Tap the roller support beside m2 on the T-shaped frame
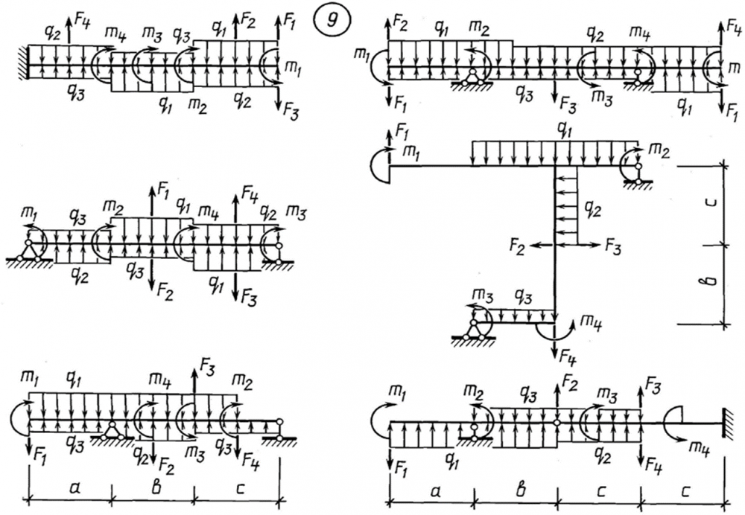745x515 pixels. tap(638, 177)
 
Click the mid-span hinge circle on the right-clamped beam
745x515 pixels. tap(557, 423)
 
